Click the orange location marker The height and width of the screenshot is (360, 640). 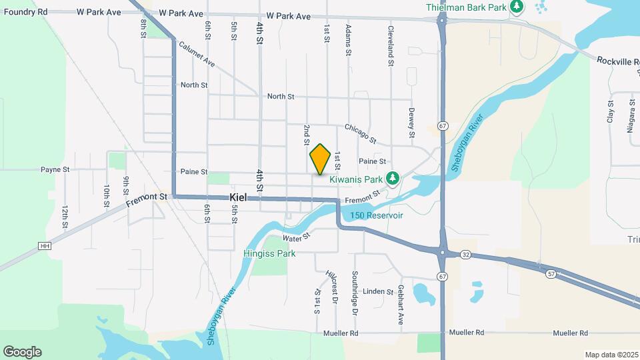click(321, 159)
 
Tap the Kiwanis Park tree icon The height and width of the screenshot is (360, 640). click(393, 177)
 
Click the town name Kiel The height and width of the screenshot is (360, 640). click(239, 198)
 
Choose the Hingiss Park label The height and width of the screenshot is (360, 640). click(269, 253)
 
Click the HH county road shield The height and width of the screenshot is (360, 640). click(45, 245)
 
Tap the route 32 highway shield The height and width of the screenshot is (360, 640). click(465, 254)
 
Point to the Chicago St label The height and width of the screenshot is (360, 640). click(361, 133)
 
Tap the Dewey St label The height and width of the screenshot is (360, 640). click(412, 119)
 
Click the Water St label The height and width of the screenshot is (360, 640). click(297, 237)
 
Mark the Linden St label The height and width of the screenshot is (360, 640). click(378, 292)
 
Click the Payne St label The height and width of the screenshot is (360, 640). click(55, 170)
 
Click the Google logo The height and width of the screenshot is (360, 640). click(22, 351)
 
